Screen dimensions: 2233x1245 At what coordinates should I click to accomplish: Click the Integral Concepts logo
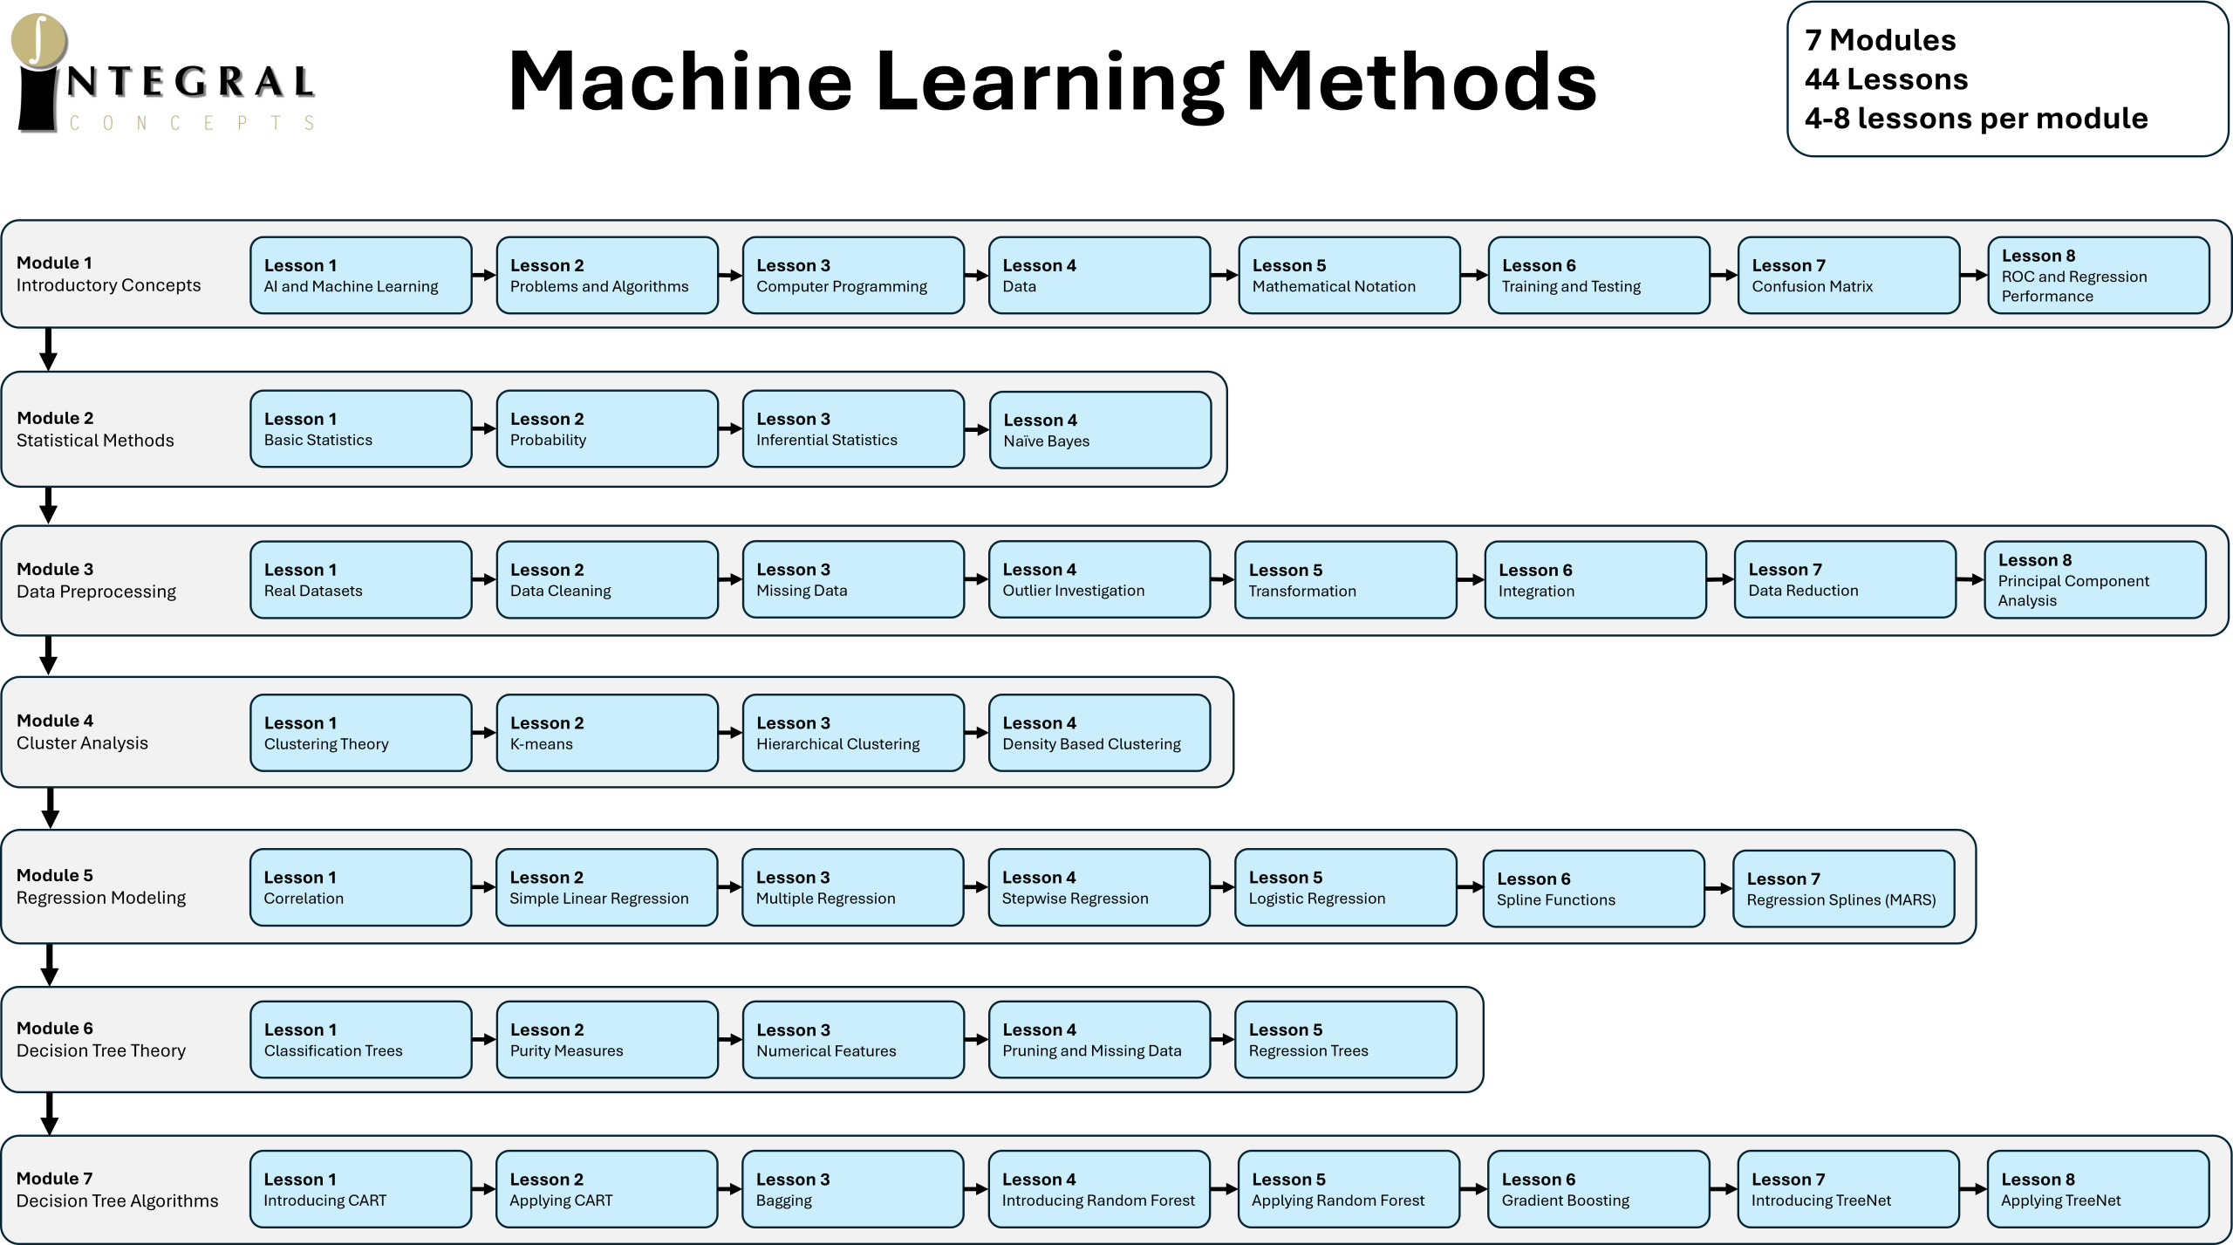163,74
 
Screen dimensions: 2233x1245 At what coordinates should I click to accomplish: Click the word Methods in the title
1421,81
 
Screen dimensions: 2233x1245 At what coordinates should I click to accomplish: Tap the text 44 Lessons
1886,79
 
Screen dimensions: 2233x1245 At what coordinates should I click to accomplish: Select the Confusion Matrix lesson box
1848,275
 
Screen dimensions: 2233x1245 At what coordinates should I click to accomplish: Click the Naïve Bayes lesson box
1100,430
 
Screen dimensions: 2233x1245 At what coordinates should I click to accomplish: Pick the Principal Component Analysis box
2095,580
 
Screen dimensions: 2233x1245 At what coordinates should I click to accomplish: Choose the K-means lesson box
607,733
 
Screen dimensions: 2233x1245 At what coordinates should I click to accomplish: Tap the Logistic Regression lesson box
1346,887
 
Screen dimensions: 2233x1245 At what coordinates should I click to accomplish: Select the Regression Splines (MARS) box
1844,888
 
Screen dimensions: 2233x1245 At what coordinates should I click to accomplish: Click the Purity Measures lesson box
607,1039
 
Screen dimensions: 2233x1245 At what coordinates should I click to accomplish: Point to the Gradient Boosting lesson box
1599,1189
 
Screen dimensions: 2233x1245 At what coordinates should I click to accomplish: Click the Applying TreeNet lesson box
2099,1189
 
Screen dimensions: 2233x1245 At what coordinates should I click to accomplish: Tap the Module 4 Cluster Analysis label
82,732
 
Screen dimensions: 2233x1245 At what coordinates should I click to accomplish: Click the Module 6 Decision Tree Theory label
101,1039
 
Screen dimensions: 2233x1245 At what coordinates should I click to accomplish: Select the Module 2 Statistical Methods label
95,429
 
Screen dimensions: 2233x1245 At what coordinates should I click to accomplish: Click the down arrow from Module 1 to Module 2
49,349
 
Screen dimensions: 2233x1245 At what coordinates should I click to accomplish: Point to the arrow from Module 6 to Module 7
50,1113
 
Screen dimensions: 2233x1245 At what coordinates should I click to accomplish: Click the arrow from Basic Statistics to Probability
484,428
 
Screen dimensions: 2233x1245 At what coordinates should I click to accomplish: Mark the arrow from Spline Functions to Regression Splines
1718,888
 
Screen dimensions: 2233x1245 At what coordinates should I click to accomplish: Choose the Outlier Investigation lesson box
1100,580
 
